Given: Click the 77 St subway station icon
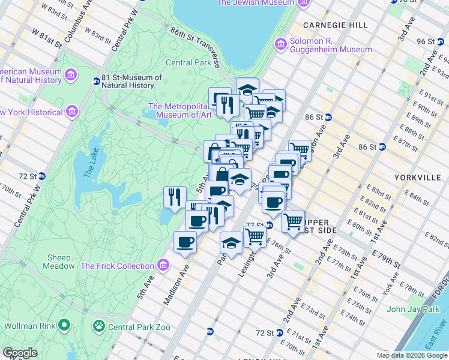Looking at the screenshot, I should pos(270,226).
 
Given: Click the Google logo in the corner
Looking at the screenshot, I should pos(20,353).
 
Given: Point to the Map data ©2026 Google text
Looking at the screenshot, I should pos(412,355).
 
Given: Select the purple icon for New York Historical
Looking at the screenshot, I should pos(72,112).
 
